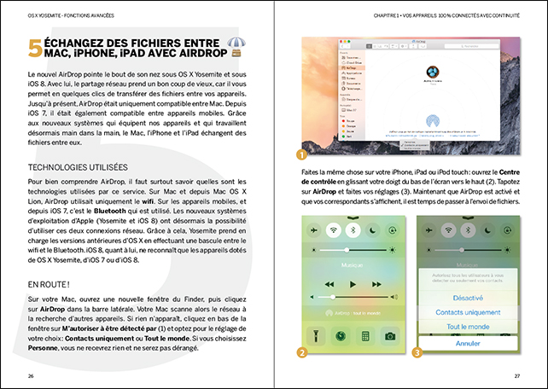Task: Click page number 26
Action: click(x=32, y=375)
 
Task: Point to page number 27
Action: click(x=516, y=375)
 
